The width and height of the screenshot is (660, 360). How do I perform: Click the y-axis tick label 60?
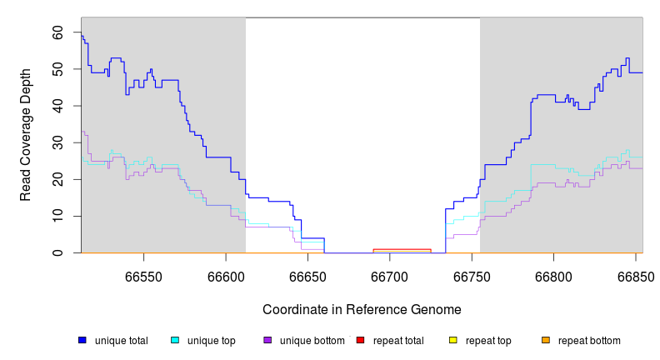[57, 32]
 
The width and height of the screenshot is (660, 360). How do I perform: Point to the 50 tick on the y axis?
[57, 69]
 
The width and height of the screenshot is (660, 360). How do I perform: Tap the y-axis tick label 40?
[57, 106]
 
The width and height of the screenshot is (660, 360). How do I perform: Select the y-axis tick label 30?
[57, 142]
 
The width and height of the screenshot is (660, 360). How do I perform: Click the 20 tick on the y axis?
[57, 179]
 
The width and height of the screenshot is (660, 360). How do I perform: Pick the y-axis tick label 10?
[57, 216]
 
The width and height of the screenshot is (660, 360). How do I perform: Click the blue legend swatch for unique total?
[82, 340]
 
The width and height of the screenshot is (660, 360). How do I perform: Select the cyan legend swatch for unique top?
[175, 340]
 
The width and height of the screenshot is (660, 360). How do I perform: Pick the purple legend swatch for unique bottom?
[267, 340]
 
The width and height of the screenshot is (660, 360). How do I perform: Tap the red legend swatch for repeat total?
[360, 340]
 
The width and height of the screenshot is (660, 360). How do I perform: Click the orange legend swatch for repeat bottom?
[546, 340]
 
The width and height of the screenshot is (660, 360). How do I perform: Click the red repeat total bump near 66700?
[402, 249]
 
